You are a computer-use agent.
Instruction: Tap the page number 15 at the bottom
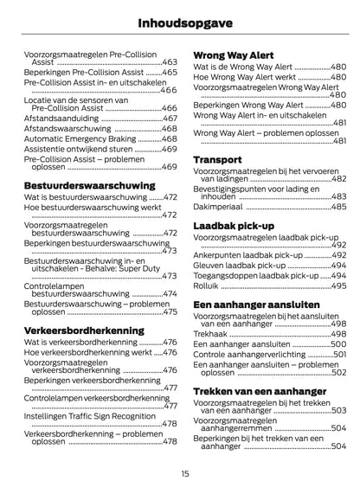184,473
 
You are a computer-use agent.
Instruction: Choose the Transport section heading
217,161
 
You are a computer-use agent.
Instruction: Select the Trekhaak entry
211,333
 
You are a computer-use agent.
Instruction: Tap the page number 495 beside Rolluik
338,285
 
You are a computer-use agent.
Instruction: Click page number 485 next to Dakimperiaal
338,207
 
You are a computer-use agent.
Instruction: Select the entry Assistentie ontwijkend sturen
79,149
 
